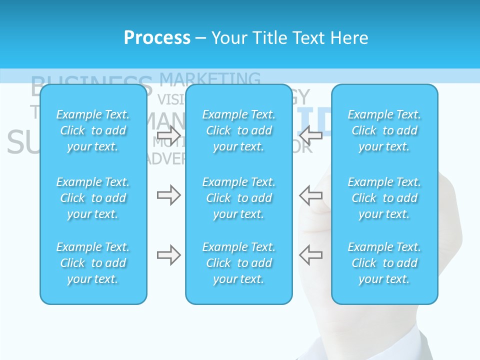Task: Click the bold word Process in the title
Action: point(157,38)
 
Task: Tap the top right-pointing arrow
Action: point(168,134)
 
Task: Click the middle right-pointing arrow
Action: point(168,195)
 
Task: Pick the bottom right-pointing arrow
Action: point(168,255)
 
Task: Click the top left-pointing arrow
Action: point(311,134)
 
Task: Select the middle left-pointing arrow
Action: point(311,195)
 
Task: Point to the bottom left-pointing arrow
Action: point(311,255)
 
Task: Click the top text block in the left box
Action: point(93,130)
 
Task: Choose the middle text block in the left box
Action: point(93,198)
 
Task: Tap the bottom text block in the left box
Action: point(93,263)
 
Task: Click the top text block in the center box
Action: point(239,130)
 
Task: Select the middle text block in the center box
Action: point(239,198)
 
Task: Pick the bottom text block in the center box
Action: point(239,263)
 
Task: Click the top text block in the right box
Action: point(384,130)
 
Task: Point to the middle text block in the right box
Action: point(384,198)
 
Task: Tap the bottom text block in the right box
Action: point(384,263)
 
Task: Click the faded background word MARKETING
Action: point(210,78)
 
